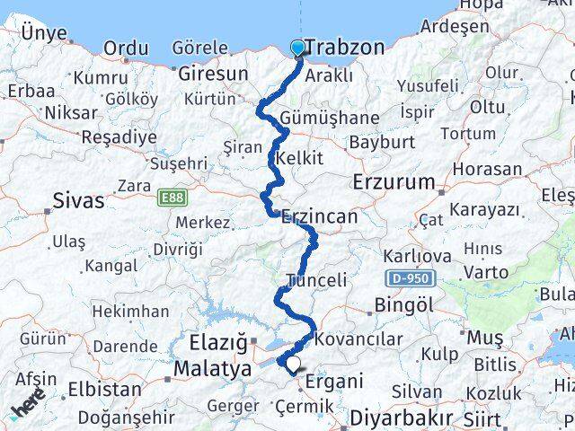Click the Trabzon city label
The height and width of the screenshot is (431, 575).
click(x=344, y=47)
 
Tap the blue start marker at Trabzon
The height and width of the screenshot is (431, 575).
click(x=298, y=48)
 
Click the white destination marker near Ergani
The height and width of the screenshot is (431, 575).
click(x=292, y=364)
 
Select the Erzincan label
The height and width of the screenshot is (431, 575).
click(x=319, y=216)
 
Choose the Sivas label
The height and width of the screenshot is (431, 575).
click(x=79, y=200)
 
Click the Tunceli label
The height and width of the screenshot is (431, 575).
click(x=315, y=281)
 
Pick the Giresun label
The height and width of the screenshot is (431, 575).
click(x=212, y=73)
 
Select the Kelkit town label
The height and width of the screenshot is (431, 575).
click(x=300, y=158)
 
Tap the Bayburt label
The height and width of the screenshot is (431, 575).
click(x=382, y=142)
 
